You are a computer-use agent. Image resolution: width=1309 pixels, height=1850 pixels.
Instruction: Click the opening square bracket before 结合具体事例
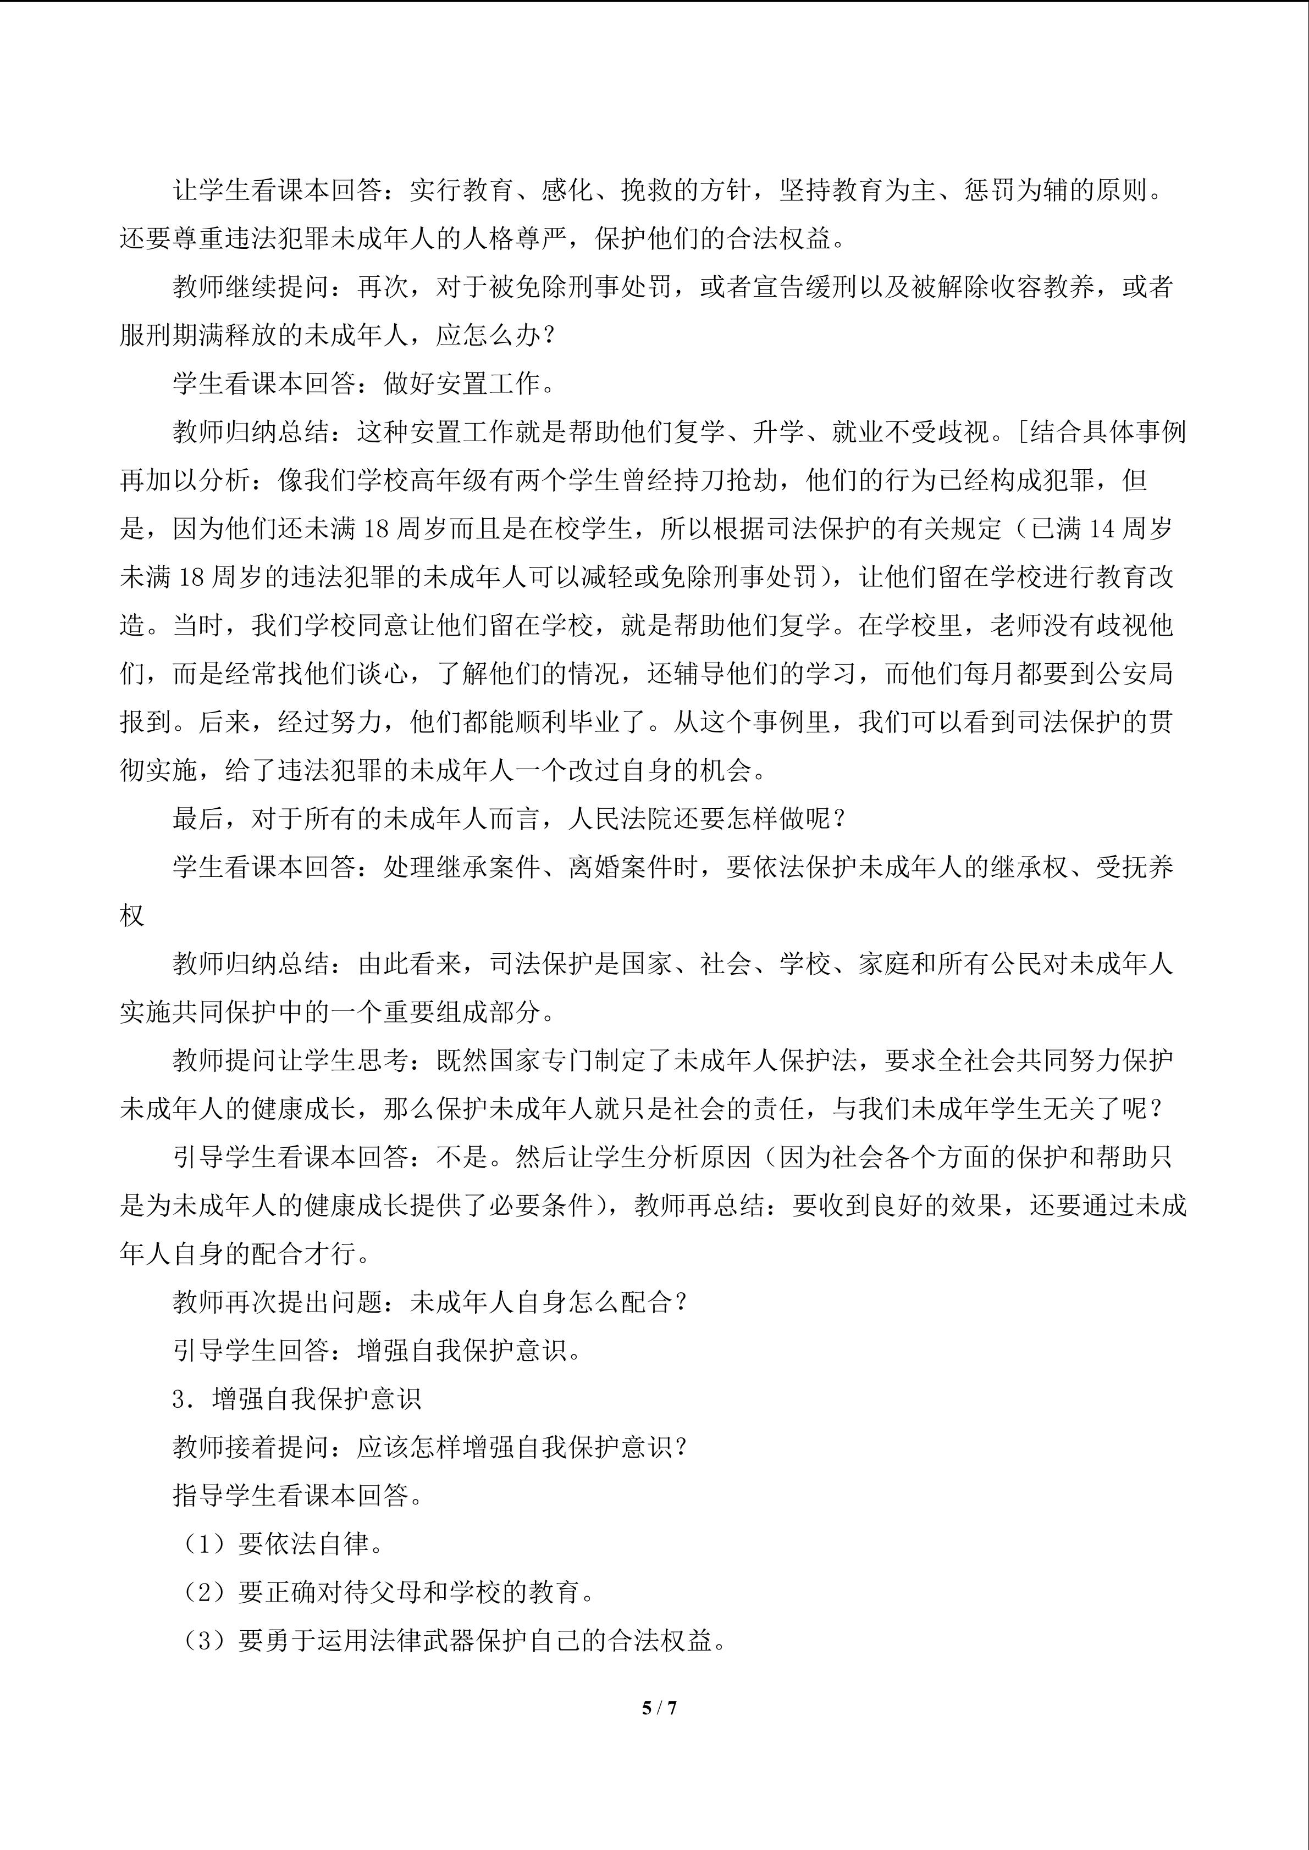click(x=1021, y=432)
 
